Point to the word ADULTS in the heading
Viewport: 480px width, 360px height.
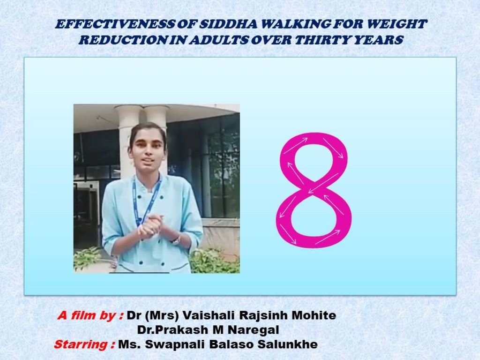pyautogui.click(x=217, y=40)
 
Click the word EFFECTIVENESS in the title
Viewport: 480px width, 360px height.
pyautogui.click(x=116, y=24)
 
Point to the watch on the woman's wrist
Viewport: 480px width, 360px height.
pyautogui.click(x=176, y=240)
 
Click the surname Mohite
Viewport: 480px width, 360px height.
pyautogui.click(x=315, y=315)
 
